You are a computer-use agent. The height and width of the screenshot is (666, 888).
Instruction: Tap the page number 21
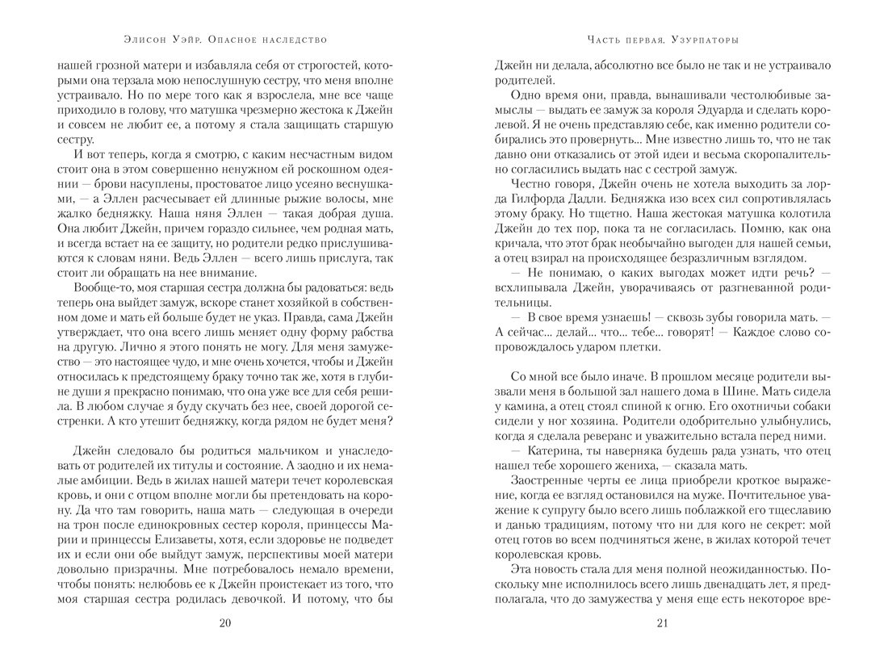(x=663, y=622)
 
